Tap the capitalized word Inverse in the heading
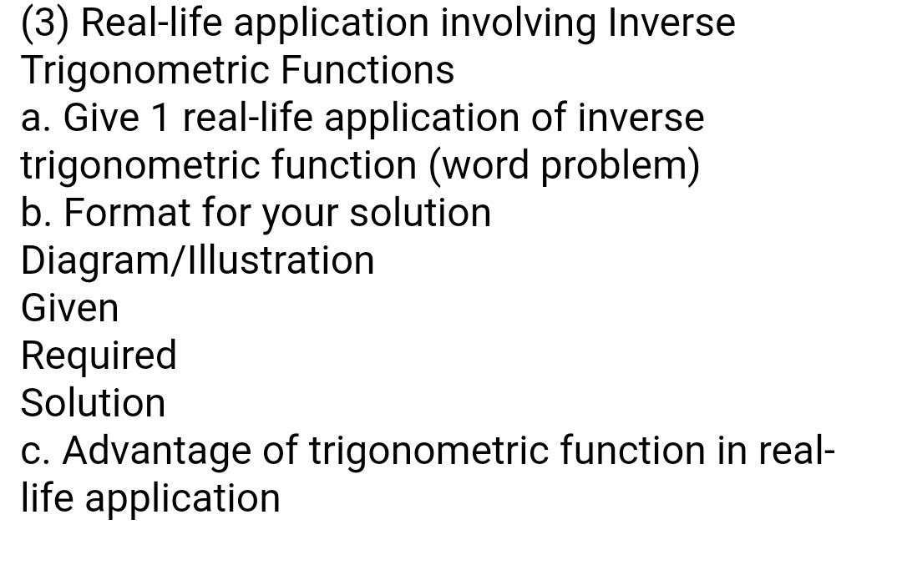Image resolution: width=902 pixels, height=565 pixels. (x=672, y=23)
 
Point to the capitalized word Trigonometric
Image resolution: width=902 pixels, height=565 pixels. (x=144, y=71)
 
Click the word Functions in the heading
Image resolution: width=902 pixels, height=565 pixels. (x=367, y=70)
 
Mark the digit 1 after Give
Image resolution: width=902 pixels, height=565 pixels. (x=160, y=118)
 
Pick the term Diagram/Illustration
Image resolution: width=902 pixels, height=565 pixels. (x=198, y=260)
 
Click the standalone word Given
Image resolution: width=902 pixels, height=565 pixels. (x=70, y=308)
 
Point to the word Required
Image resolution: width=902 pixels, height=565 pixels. (x=99, y=356)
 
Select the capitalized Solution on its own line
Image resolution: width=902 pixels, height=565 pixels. (x=94, y=403)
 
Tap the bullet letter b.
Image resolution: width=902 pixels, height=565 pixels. (x=33, y=213)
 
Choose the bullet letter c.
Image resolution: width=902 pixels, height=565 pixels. (x=33, y=451)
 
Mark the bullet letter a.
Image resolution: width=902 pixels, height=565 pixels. (x=33, y=118)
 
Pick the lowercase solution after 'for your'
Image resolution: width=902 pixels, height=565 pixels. (x=419, y=213)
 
